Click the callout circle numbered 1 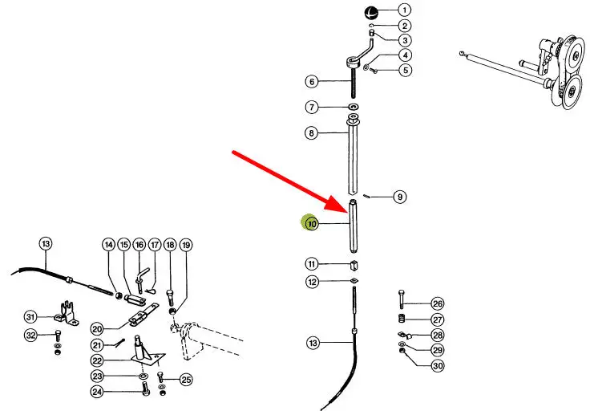(405, 10)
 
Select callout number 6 (312, 81)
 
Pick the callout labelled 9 (400, 196)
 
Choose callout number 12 (312, 282)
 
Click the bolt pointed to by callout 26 (402, 303)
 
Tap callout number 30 (437, 365)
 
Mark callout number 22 (97, 360)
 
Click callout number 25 (186, 379)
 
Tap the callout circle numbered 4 (406, 55)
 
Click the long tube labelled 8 (354, 157)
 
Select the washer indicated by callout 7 (354, 108)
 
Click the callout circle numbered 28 (437, 335)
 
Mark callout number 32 (30, 335)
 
